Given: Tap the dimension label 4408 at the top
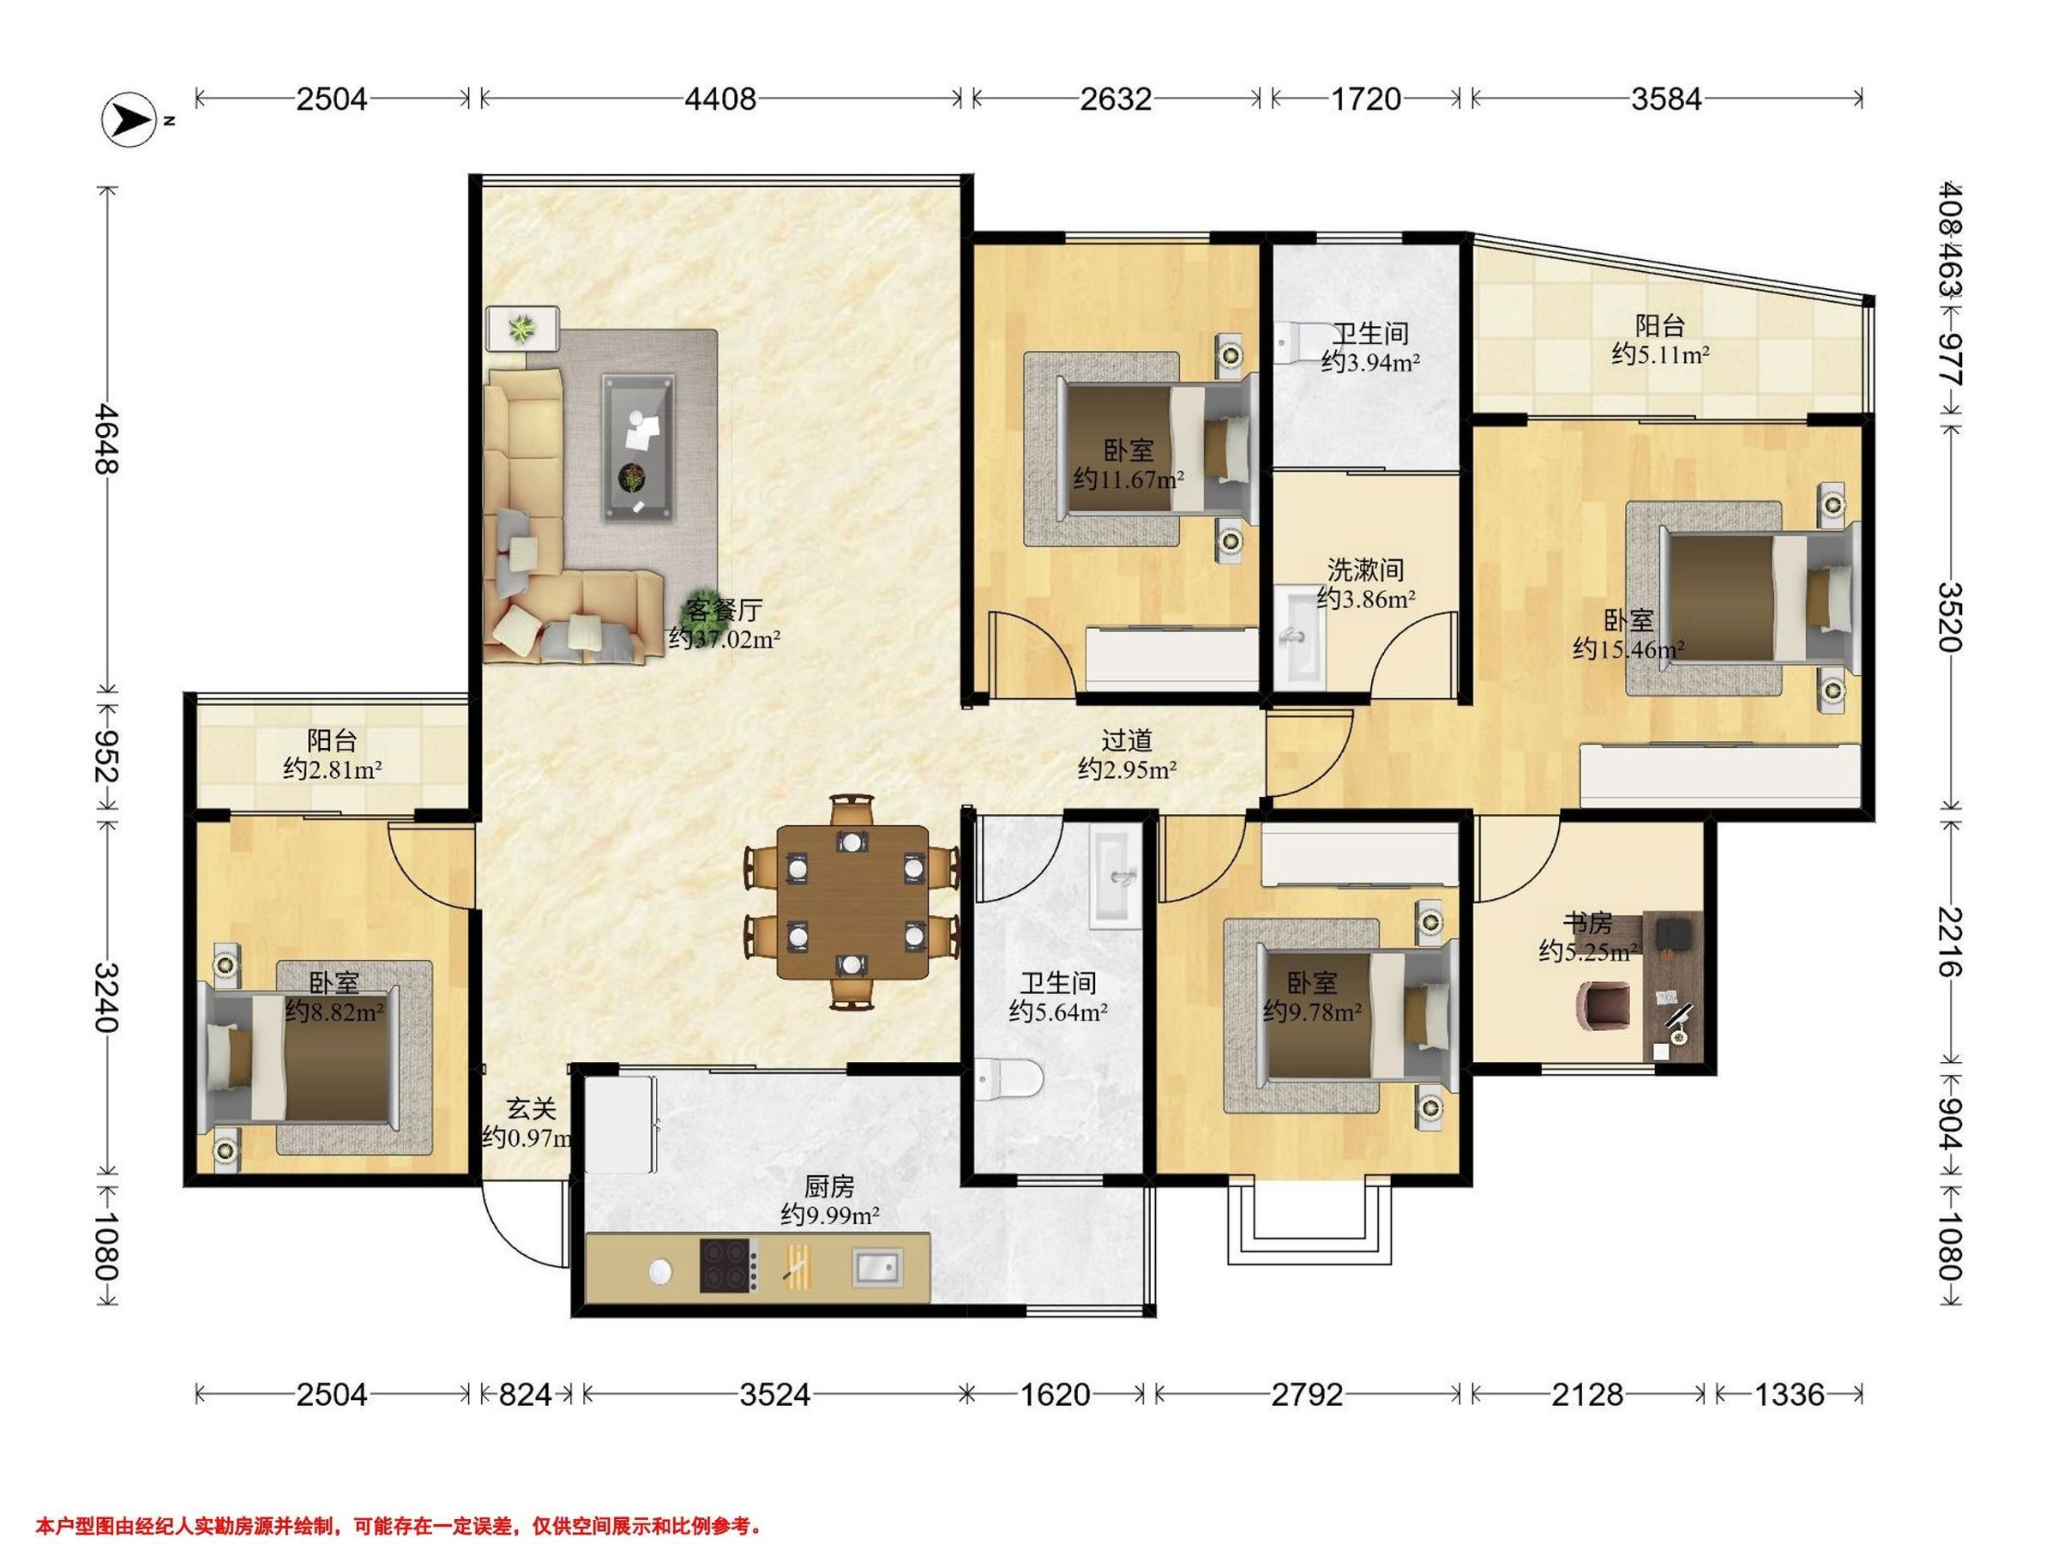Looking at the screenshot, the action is tap(720, 99).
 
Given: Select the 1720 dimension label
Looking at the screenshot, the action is tap(1366, 99).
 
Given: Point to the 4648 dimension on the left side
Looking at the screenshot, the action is tap(108, 438).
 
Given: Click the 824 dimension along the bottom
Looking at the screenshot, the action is tap(526, 1394).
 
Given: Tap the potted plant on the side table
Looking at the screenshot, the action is tap(522, 328).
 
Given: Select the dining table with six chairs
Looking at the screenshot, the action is tap(852, 902).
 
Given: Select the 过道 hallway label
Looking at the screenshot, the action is tap(1127, 741).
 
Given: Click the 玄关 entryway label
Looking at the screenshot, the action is tap(532, 1108).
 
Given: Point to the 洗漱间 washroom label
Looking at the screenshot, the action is tap(1365, 569).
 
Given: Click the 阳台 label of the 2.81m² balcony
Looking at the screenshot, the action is tap(332, 741).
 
